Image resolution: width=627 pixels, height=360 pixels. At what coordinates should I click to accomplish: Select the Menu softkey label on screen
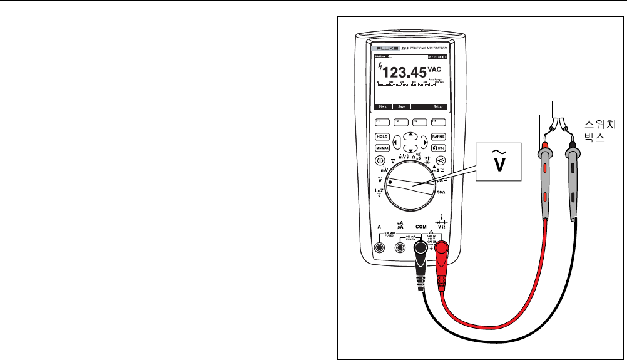pyautogui.click(x=382, y=107)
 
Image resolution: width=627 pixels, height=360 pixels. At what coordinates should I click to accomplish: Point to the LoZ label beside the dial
pyautogui.click(x=379, y=190)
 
